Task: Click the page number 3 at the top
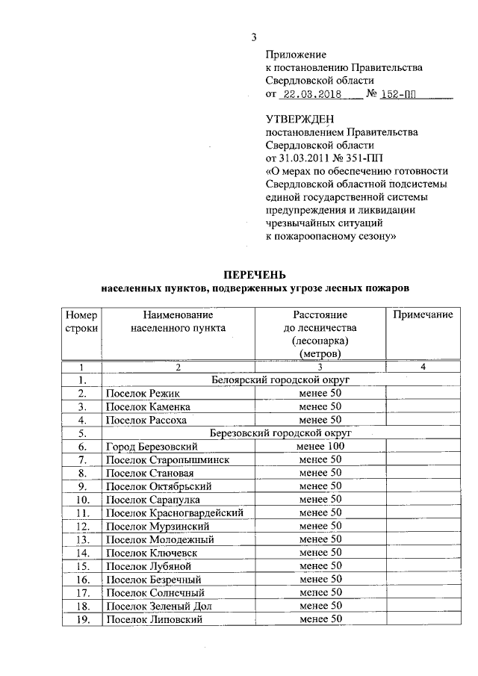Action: coord(254,38)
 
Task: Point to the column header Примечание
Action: coord(423,314)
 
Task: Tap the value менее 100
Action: coord(320,446)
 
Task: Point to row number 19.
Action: coord(81,618)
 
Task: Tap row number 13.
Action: coord(81,539)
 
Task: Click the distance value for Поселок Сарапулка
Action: coord(320,499)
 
